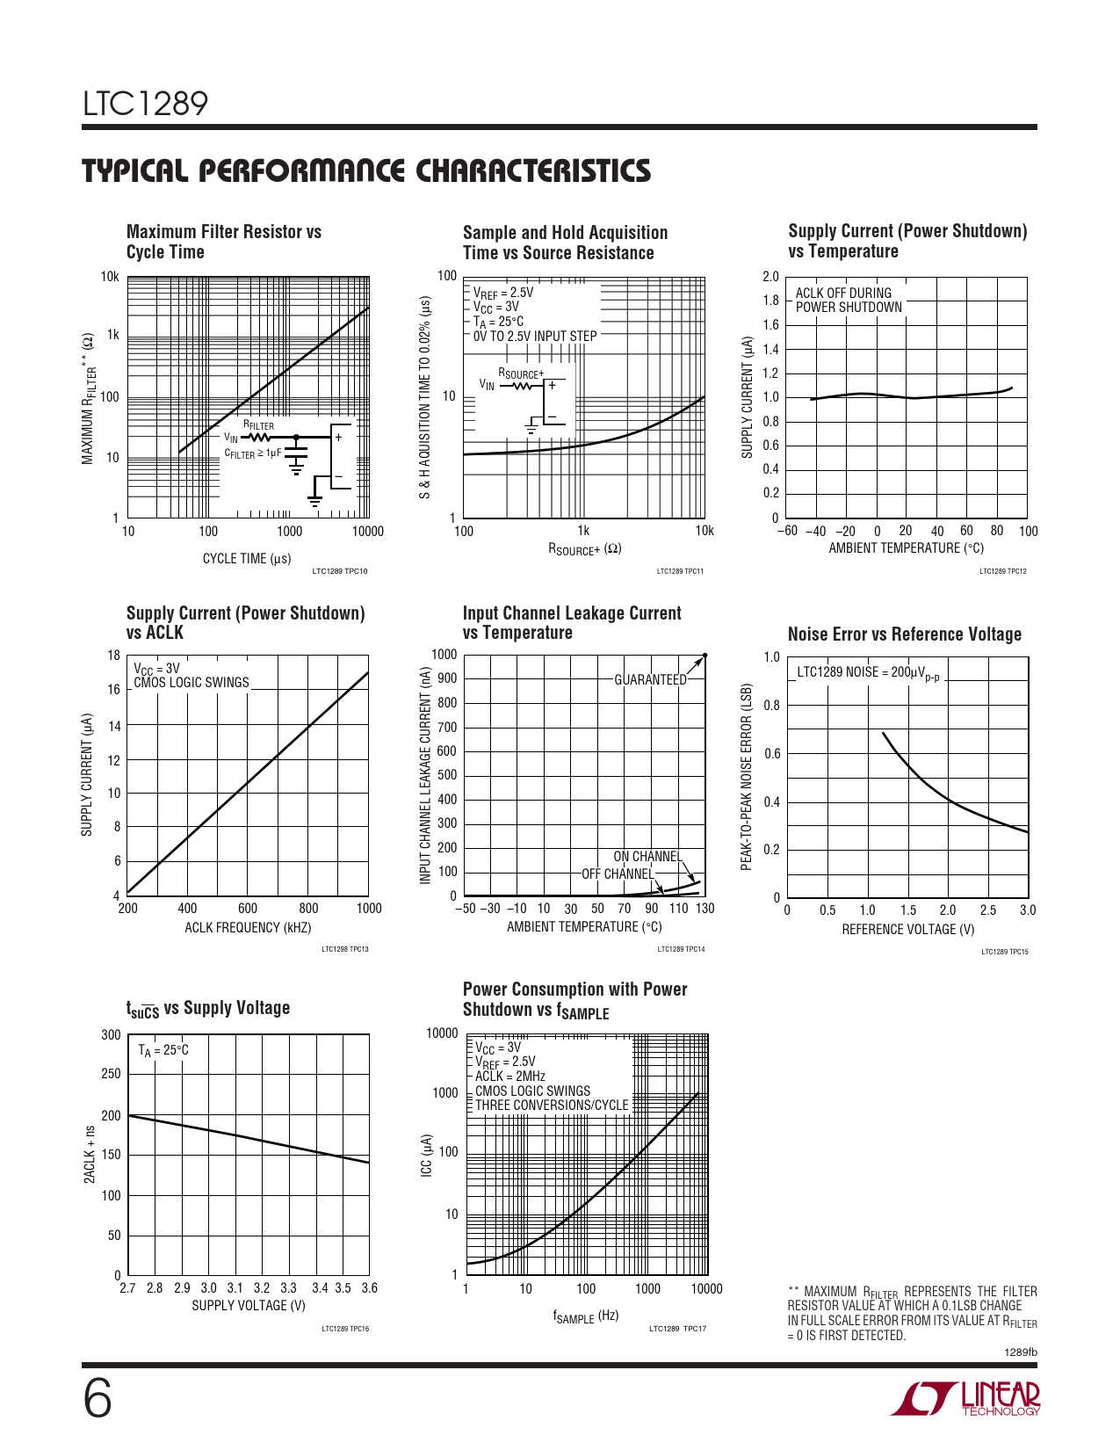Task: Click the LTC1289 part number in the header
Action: point(146,104)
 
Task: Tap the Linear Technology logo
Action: point(965,1398)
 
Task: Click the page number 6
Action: point(98,1399)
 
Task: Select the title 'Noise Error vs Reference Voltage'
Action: point(904,634)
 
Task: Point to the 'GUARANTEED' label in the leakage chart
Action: point(650,680)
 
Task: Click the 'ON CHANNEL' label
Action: point(647,857)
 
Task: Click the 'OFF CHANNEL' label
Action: point(618,874)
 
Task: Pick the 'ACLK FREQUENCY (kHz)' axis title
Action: point(248,928)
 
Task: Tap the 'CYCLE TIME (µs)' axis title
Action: point(247,559)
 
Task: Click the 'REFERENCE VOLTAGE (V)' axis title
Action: point(907,930)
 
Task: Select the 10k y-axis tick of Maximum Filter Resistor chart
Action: point(110,277)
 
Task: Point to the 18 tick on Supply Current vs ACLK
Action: point(114,656)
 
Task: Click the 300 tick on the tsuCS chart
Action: point(112,1035)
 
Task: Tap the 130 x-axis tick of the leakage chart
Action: point(705,909)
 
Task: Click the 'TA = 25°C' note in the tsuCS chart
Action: point(163,1050)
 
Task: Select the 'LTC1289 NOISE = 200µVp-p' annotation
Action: point(868,673)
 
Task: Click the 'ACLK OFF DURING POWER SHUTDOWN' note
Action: point(849,301)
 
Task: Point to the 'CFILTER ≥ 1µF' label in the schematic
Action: point(253,453)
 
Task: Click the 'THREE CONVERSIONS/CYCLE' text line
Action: point(552,1106)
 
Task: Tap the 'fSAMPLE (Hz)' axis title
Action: point(586,1316)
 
